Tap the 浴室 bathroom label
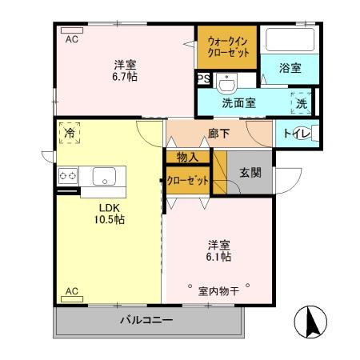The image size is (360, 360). (x=290, y=69)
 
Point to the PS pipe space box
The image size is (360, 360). (x=203, y=79)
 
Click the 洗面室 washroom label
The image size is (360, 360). (x=238, y=102)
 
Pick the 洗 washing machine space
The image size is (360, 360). (x=301, y=103)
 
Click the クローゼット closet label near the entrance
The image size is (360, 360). (x=187, y=181)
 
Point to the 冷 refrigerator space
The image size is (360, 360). (x=70, y=134)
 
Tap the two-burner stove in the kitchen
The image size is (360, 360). (x=66, y=176)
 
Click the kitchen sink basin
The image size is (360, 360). (x=105, y=176)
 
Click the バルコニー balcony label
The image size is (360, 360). (x=146, y=321)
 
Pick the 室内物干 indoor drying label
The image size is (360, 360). (x=218, y=291)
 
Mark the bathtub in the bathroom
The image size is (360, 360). (x=290, y=39)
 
